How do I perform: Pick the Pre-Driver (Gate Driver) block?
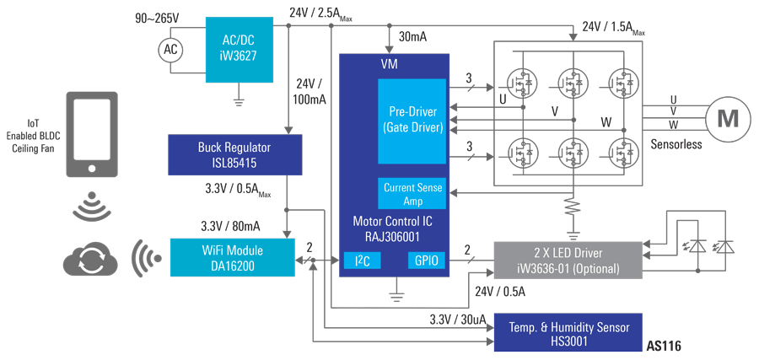click(x=411, y=121)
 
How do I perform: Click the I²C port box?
click(x=362, y=261)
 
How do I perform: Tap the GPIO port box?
click(x=424, y=261)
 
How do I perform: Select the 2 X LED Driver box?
click(x=572, y=261)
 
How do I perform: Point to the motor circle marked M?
click(x=726, y=118)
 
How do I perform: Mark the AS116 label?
click(x=663, y=346)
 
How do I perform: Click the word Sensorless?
click(x=676, y=144)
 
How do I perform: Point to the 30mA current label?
click(x=412, y=36)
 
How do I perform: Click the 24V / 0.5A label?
click(x=500, y=292)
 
